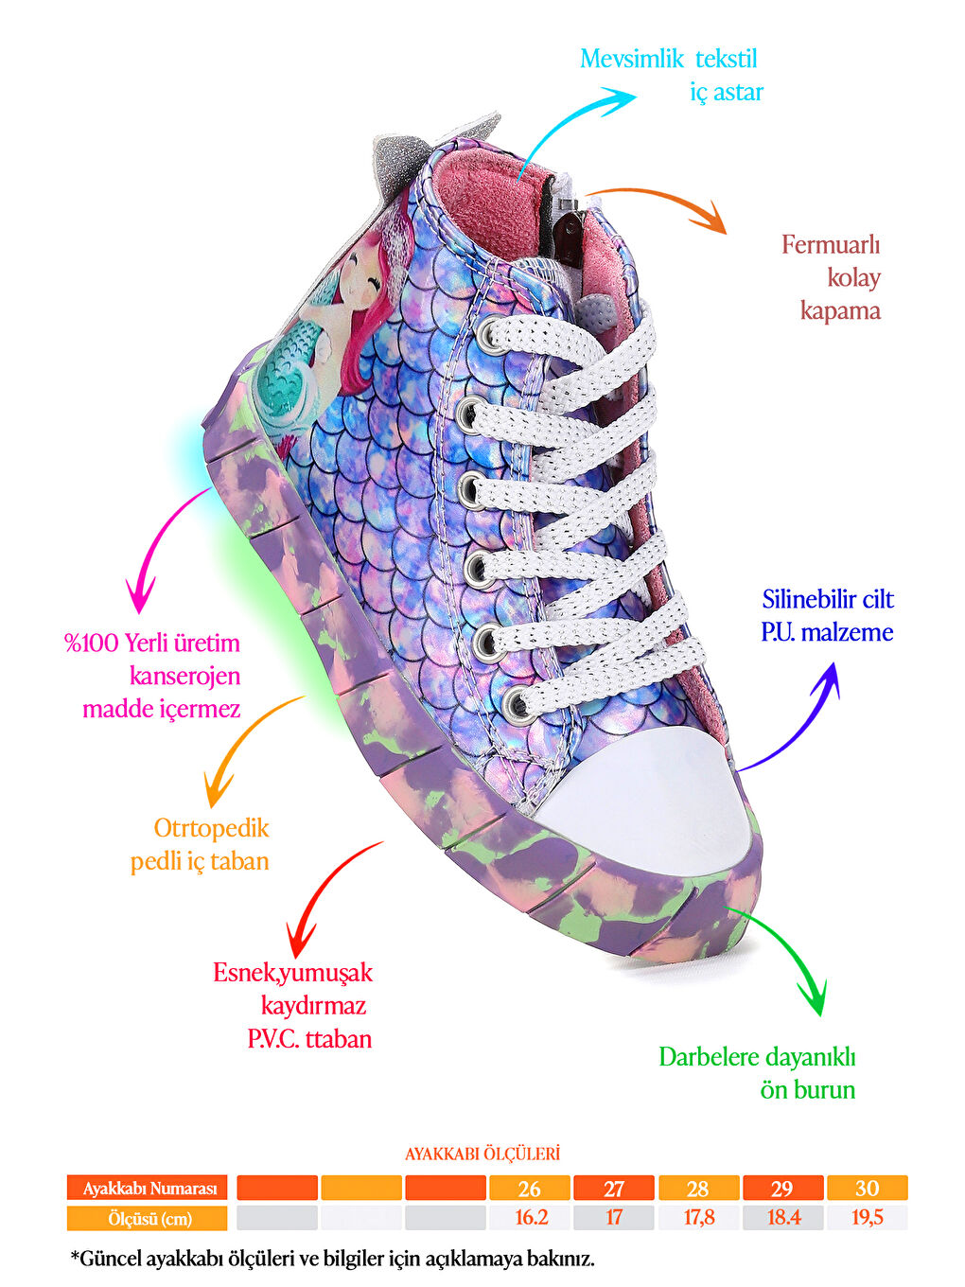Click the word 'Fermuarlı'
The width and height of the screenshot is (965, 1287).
[x=831, y=245]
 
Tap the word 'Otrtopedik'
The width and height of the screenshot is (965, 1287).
[x=211, y=829]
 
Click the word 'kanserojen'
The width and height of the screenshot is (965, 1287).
[x=185, y=677]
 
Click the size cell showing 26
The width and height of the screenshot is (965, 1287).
[x=530, y=1189]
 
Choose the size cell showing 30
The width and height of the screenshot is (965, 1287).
[x=867, y=1189]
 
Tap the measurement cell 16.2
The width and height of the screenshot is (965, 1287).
[x=530, y=1218]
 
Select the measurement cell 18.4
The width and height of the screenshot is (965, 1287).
[x=782, y=1218]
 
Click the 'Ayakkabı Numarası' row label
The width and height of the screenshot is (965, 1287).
[x=148, y=1189]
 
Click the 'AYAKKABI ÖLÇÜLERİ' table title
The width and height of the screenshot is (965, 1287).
[x=482, y=1155]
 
